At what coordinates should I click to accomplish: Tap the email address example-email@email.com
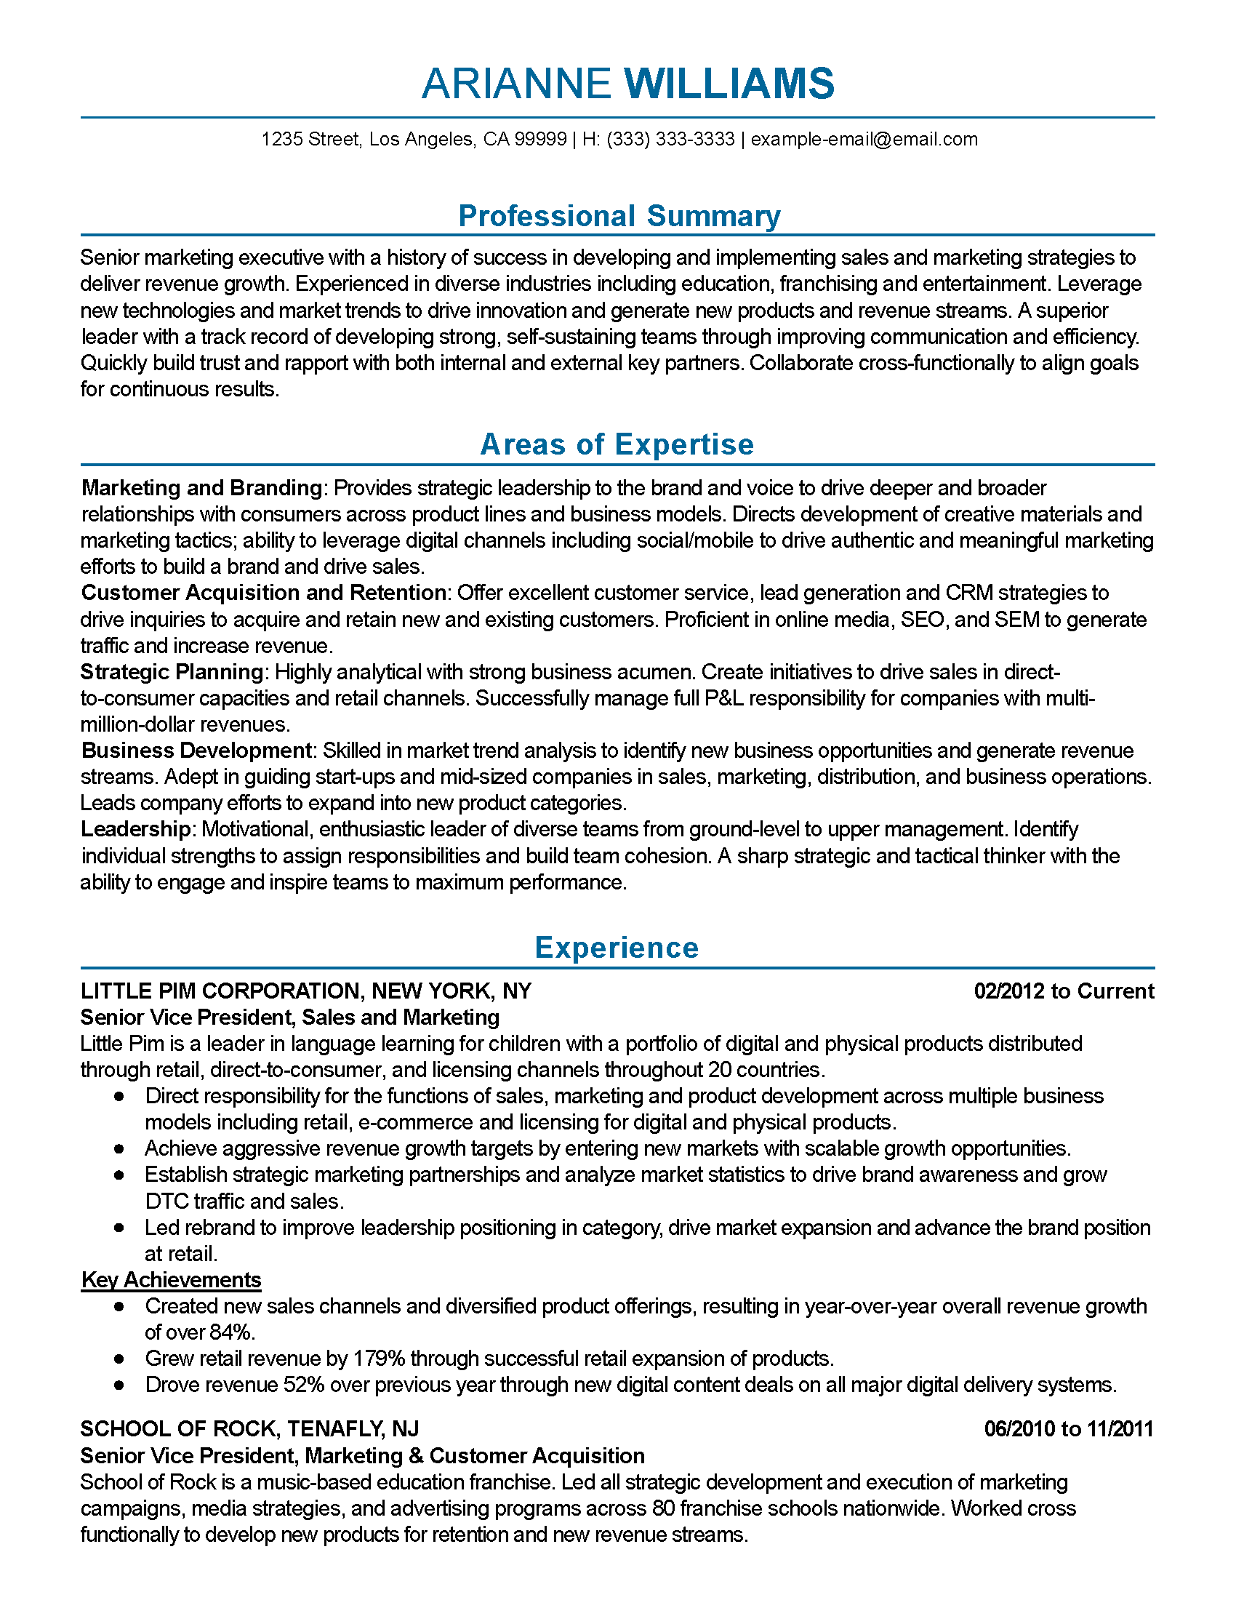(x=864, y=139)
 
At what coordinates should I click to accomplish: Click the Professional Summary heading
(x=619, y=216)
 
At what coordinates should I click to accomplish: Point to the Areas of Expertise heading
(x=617, y=444)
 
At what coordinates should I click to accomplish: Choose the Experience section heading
(x=617, y=947)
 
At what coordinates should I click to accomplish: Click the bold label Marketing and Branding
(x=201, y=488)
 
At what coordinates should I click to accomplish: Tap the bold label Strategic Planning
(x=172, y=672)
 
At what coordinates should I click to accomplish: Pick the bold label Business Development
(x=196, y=751)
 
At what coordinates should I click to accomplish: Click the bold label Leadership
(x=135, y=829)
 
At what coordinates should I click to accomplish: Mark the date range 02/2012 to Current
(x=1063, y=991)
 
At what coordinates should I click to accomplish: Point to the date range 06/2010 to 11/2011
(x=1068, y=1429)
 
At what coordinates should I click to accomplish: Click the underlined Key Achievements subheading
(x=171, y=1280)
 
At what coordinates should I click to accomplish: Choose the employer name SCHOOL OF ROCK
(x=179, y=1429)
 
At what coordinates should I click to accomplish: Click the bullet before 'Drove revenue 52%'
(x=119, y=1385)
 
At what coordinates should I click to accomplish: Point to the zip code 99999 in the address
(x=540, y=139)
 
